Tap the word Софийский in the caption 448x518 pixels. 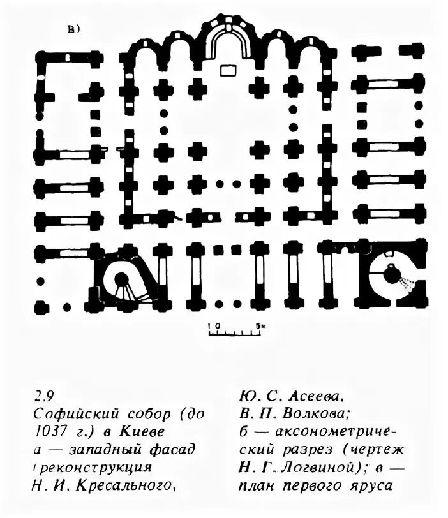71,411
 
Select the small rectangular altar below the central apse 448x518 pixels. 227,69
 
